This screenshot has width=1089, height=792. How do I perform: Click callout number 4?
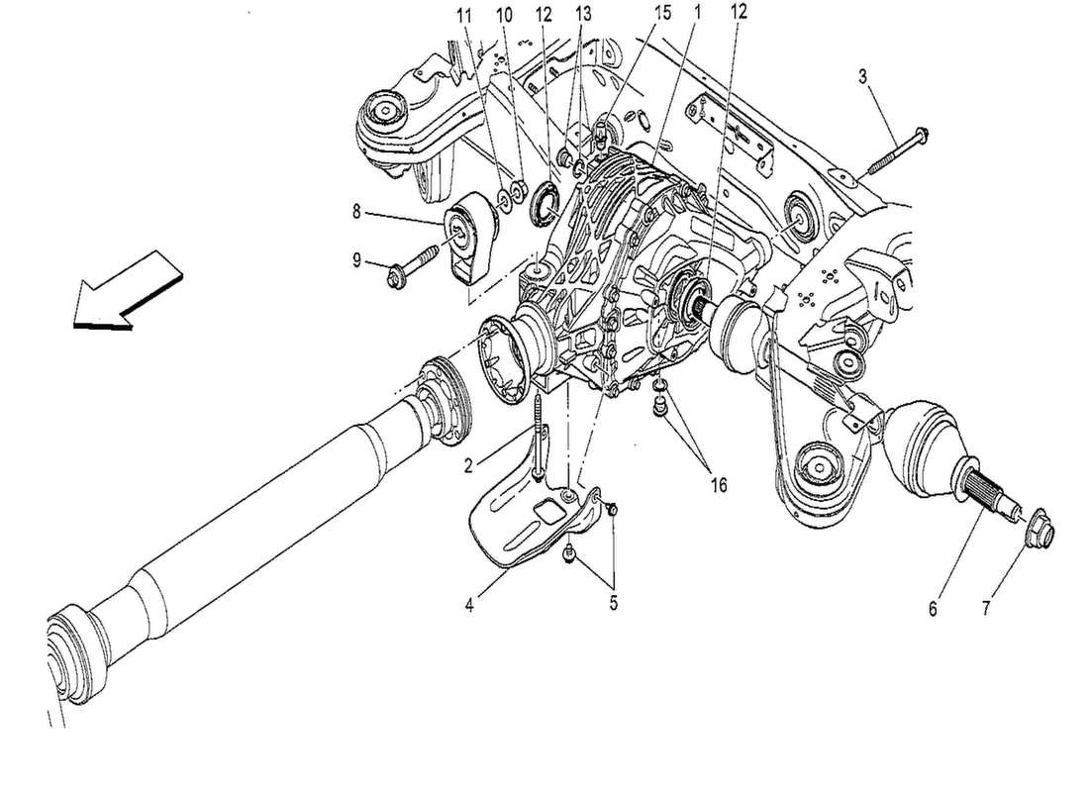pos(471,603)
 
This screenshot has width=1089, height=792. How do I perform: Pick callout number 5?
pos(613,603)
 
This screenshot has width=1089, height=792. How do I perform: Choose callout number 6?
pos(933,610)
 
